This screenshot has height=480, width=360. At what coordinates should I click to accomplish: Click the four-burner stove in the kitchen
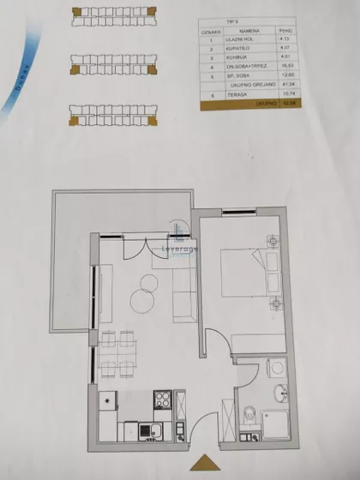click(x=163, y=400)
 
